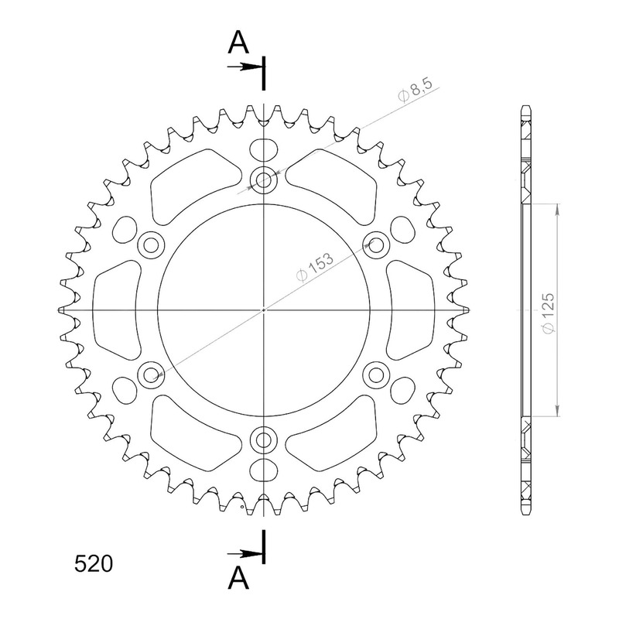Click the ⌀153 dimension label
point(315,267)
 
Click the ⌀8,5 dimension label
point(416,90)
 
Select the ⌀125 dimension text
point(548,313)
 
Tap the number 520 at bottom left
point(94,564)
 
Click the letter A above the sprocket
point(238,43)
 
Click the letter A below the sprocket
point(238,578)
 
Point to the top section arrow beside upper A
point(245,67)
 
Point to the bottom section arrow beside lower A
point(245,554)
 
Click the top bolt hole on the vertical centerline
point(263,180)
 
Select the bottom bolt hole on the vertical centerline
point(263,439)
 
